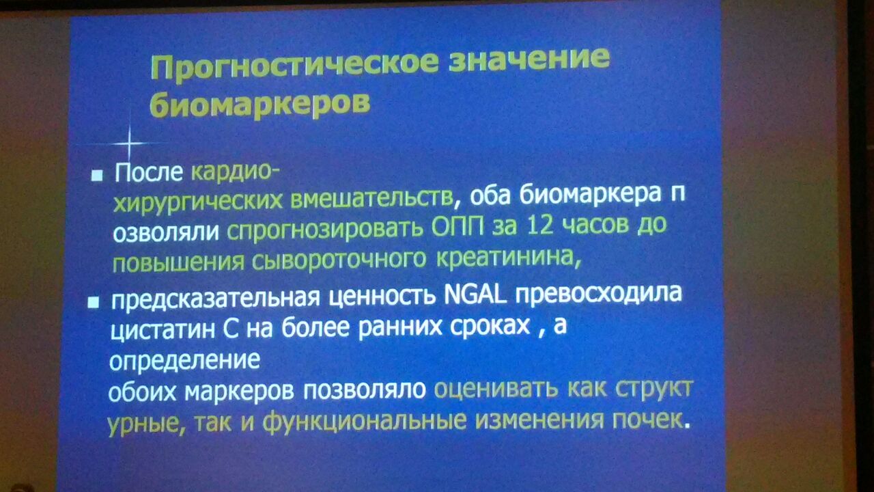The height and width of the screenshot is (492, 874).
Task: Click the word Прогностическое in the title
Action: click(295, 66)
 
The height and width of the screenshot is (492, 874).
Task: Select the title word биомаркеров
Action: click(260, 104)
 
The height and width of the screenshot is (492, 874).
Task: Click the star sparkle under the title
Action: click(130, 143)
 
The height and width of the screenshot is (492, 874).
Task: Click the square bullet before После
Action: click(97, 176)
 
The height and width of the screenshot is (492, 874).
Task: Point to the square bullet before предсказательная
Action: click(94, 302)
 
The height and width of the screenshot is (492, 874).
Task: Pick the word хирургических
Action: click(197, 201)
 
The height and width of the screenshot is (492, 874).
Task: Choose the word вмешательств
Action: click(372, 198)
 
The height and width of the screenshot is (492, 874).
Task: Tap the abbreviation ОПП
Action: click(457, 225)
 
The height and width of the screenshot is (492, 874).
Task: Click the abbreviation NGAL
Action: click(476, 295)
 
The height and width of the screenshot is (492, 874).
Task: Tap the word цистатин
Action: click(163, 330)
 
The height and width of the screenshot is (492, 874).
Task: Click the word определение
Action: click(184, 360)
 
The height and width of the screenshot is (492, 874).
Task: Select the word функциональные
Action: click(365, 422)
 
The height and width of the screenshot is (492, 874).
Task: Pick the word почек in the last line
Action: click(647, 420)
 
